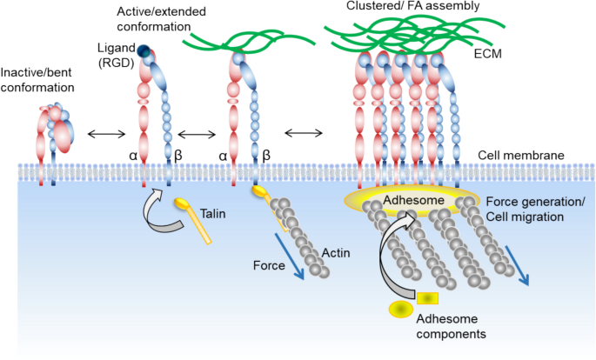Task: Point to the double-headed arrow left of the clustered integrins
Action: [x=305, y=132]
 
